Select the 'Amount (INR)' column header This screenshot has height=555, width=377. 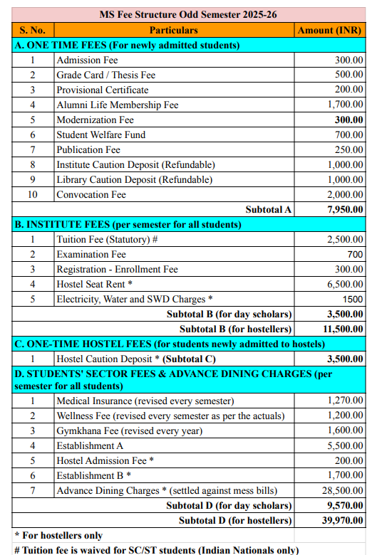tap(329, 30)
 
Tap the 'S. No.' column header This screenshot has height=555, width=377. tap(33, 30)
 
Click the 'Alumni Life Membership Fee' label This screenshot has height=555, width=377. tap(118, 105)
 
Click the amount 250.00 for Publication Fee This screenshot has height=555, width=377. tap(349, 149)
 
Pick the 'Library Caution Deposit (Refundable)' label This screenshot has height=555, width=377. tap(135, 179)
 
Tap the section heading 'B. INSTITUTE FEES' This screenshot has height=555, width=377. tap(128, 224)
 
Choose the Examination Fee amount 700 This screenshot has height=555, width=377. tap(355, 254)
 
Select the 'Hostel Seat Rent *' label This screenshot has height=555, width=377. tap(95, 284)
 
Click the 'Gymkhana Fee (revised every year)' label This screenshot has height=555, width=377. tap(130, 430)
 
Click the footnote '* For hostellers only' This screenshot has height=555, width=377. tap(58, 535)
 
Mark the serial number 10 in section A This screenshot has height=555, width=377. tap(33, 194)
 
